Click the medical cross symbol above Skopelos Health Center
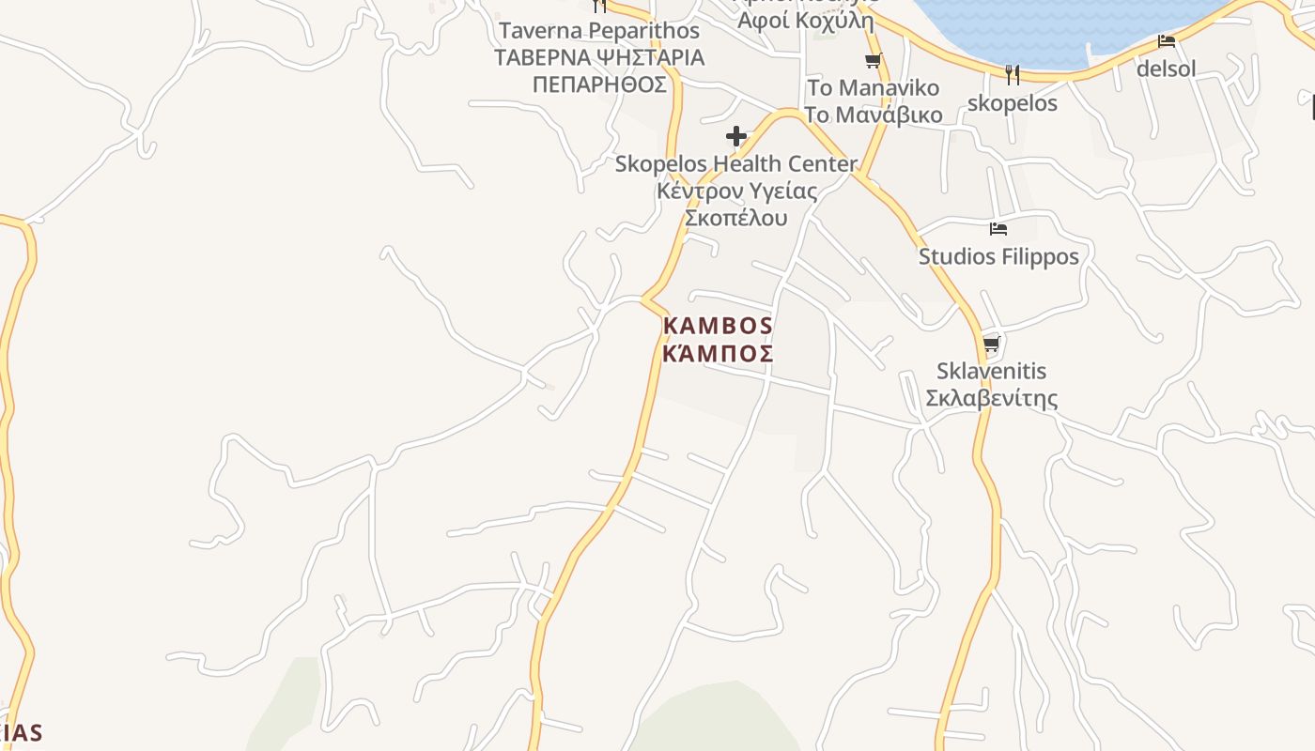pos(736,137)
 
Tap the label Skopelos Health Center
pos(735,164)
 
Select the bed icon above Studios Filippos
pos(998,229)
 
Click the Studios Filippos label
pos(998,256)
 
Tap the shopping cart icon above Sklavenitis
pos(991,344)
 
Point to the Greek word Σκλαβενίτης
pos(992,398)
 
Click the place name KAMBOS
pos(719,327)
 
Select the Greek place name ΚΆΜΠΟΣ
pos(719,354)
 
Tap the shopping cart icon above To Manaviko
pos(873,61)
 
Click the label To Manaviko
pos(873,88)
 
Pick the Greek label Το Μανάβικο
pos(873,115)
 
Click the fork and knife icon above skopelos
pos(1012,74)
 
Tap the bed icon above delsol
pos(1166,41)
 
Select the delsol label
pos(1166,69)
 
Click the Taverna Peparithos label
pos(599,30)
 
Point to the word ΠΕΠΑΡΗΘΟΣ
pos(599,84)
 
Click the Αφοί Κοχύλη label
pos(807,21)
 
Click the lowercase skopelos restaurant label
pos(1012,103)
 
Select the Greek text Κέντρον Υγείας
pos(735,192)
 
